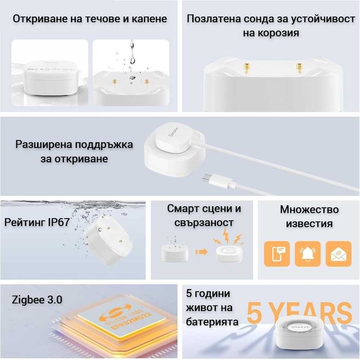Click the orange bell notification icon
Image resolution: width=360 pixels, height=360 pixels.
click(x=308, y=254)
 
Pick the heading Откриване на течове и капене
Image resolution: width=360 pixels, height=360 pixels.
click(x=90, y=19)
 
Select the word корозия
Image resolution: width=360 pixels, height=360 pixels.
click(x=272, y=33)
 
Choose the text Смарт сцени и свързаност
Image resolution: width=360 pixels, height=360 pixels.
click(x=204, y=215)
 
